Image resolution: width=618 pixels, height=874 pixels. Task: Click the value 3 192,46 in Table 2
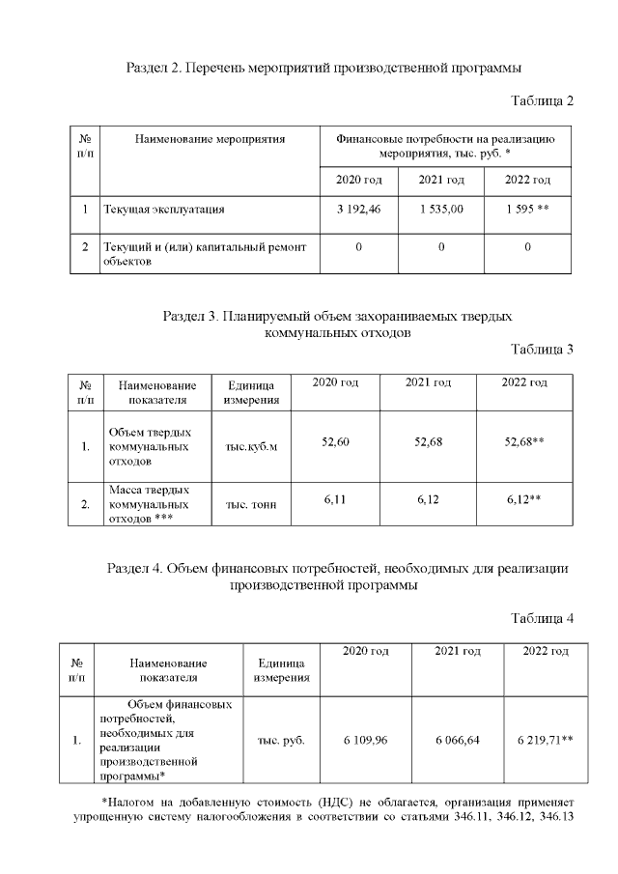(x=358, y=209)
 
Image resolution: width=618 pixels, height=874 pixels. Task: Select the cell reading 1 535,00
(x=441, y=209)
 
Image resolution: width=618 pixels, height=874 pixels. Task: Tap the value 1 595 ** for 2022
(x=527, y=209)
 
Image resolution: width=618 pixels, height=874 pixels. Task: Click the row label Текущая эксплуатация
(x=157, y=209)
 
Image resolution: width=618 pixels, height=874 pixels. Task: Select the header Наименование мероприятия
(x=210, y=140)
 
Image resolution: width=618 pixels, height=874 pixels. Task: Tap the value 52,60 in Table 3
(x=334, y=441)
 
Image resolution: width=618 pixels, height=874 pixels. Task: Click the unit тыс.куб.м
(x=251, y=447)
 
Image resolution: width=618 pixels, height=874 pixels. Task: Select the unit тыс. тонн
(x=251, y=504)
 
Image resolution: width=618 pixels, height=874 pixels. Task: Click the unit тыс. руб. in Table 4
(x=282, y=740)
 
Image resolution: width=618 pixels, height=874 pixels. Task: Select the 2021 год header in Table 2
(x=441, y=181)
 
